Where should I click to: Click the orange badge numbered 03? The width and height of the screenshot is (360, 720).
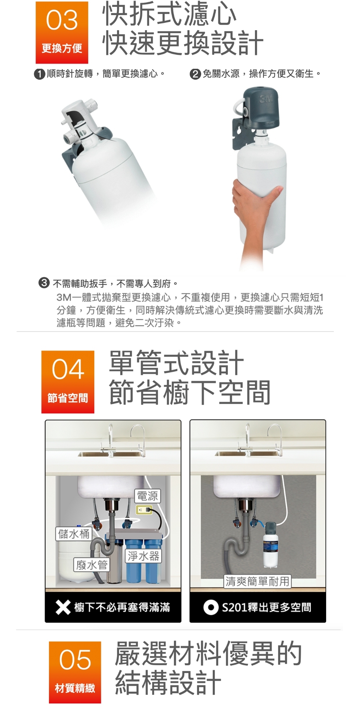62,32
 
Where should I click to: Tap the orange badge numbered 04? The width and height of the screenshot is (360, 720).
68,382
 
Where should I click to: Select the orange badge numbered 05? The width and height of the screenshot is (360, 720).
75,672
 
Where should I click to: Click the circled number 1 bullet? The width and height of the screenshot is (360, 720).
39,74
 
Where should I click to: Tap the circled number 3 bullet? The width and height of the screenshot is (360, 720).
44,283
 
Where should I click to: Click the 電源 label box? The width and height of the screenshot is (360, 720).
147,496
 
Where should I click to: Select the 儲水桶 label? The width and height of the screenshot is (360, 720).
74,534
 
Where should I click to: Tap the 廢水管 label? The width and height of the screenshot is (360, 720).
92,565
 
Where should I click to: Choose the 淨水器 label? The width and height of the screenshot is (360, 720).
143,556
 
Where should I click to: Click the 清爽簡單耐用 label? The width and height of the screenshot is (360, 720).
257,581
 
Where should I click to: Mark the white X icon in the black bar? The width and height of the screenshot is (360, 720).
63,607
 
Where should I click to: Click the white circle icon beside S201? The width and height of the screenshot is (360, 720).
211,607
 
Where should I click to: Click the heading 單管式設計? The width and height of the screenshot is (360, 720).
176,363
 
